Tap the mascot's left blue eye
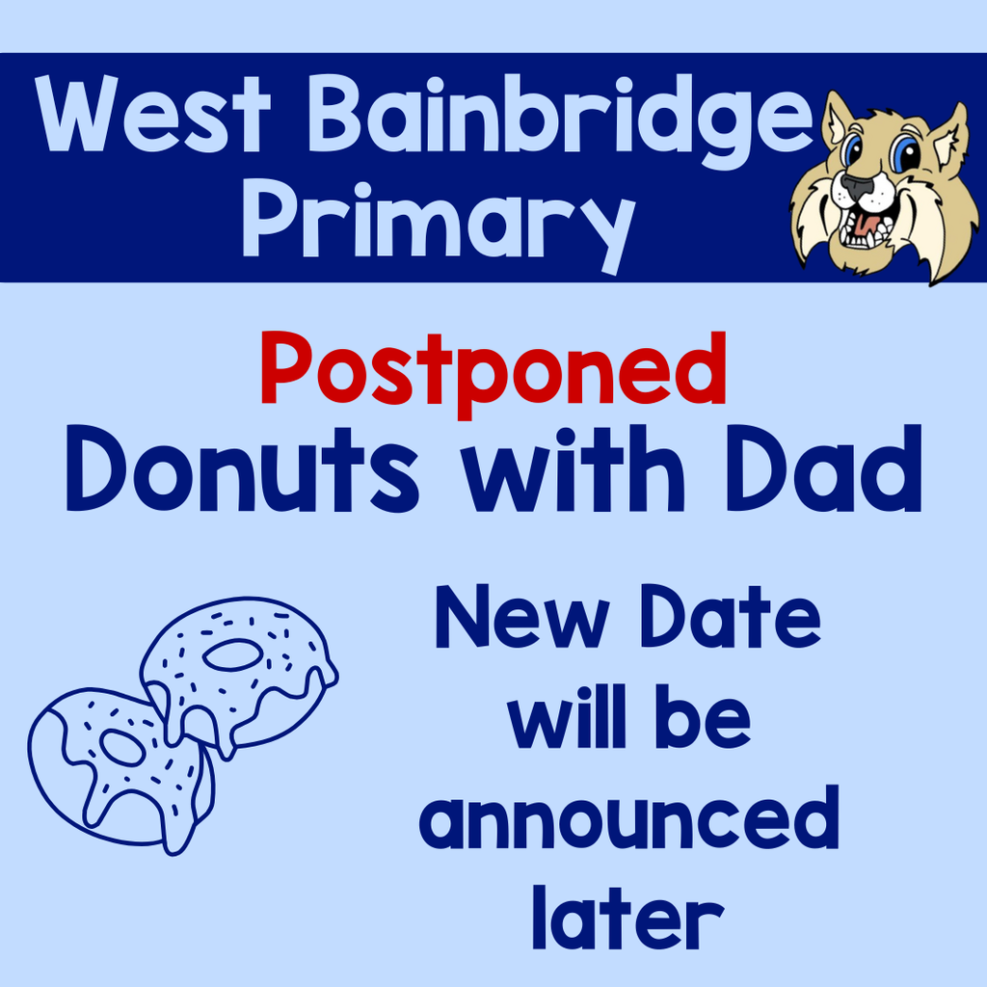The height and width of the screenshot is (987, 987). [x=851, y=150]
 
